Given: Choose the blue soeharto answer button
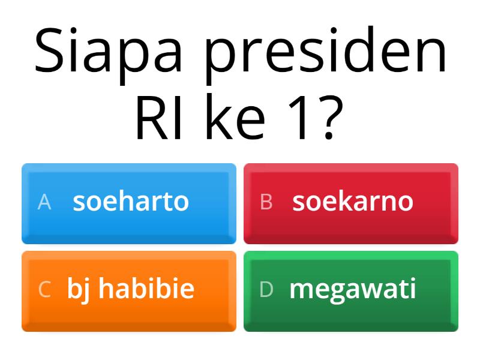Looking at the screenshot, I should point(129,203).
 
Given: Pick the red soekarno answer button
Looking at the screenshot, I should point(351,203).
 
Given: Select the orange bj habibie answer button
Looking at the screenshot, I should point(129,291).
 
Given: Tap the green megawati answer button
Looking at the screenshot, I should point(351,291).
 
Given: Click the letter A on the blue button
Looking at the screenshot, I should point(44,202).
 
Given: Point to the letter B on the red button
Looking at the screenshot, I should point(266,202).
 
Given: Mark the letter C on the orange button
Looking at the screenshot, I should point(44,290).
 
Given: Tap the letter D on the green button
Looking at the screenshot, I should point(266,290).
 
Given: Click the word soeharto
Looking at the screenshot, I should point(131,202).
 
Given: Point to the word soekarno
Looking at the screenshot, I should point(353,202).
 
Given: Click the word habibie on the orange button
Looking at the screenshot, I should point(146,289).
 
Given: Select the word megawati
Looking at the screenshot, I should point(353,290).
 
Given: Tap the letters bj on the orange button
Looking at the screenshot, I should point(78,290).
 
